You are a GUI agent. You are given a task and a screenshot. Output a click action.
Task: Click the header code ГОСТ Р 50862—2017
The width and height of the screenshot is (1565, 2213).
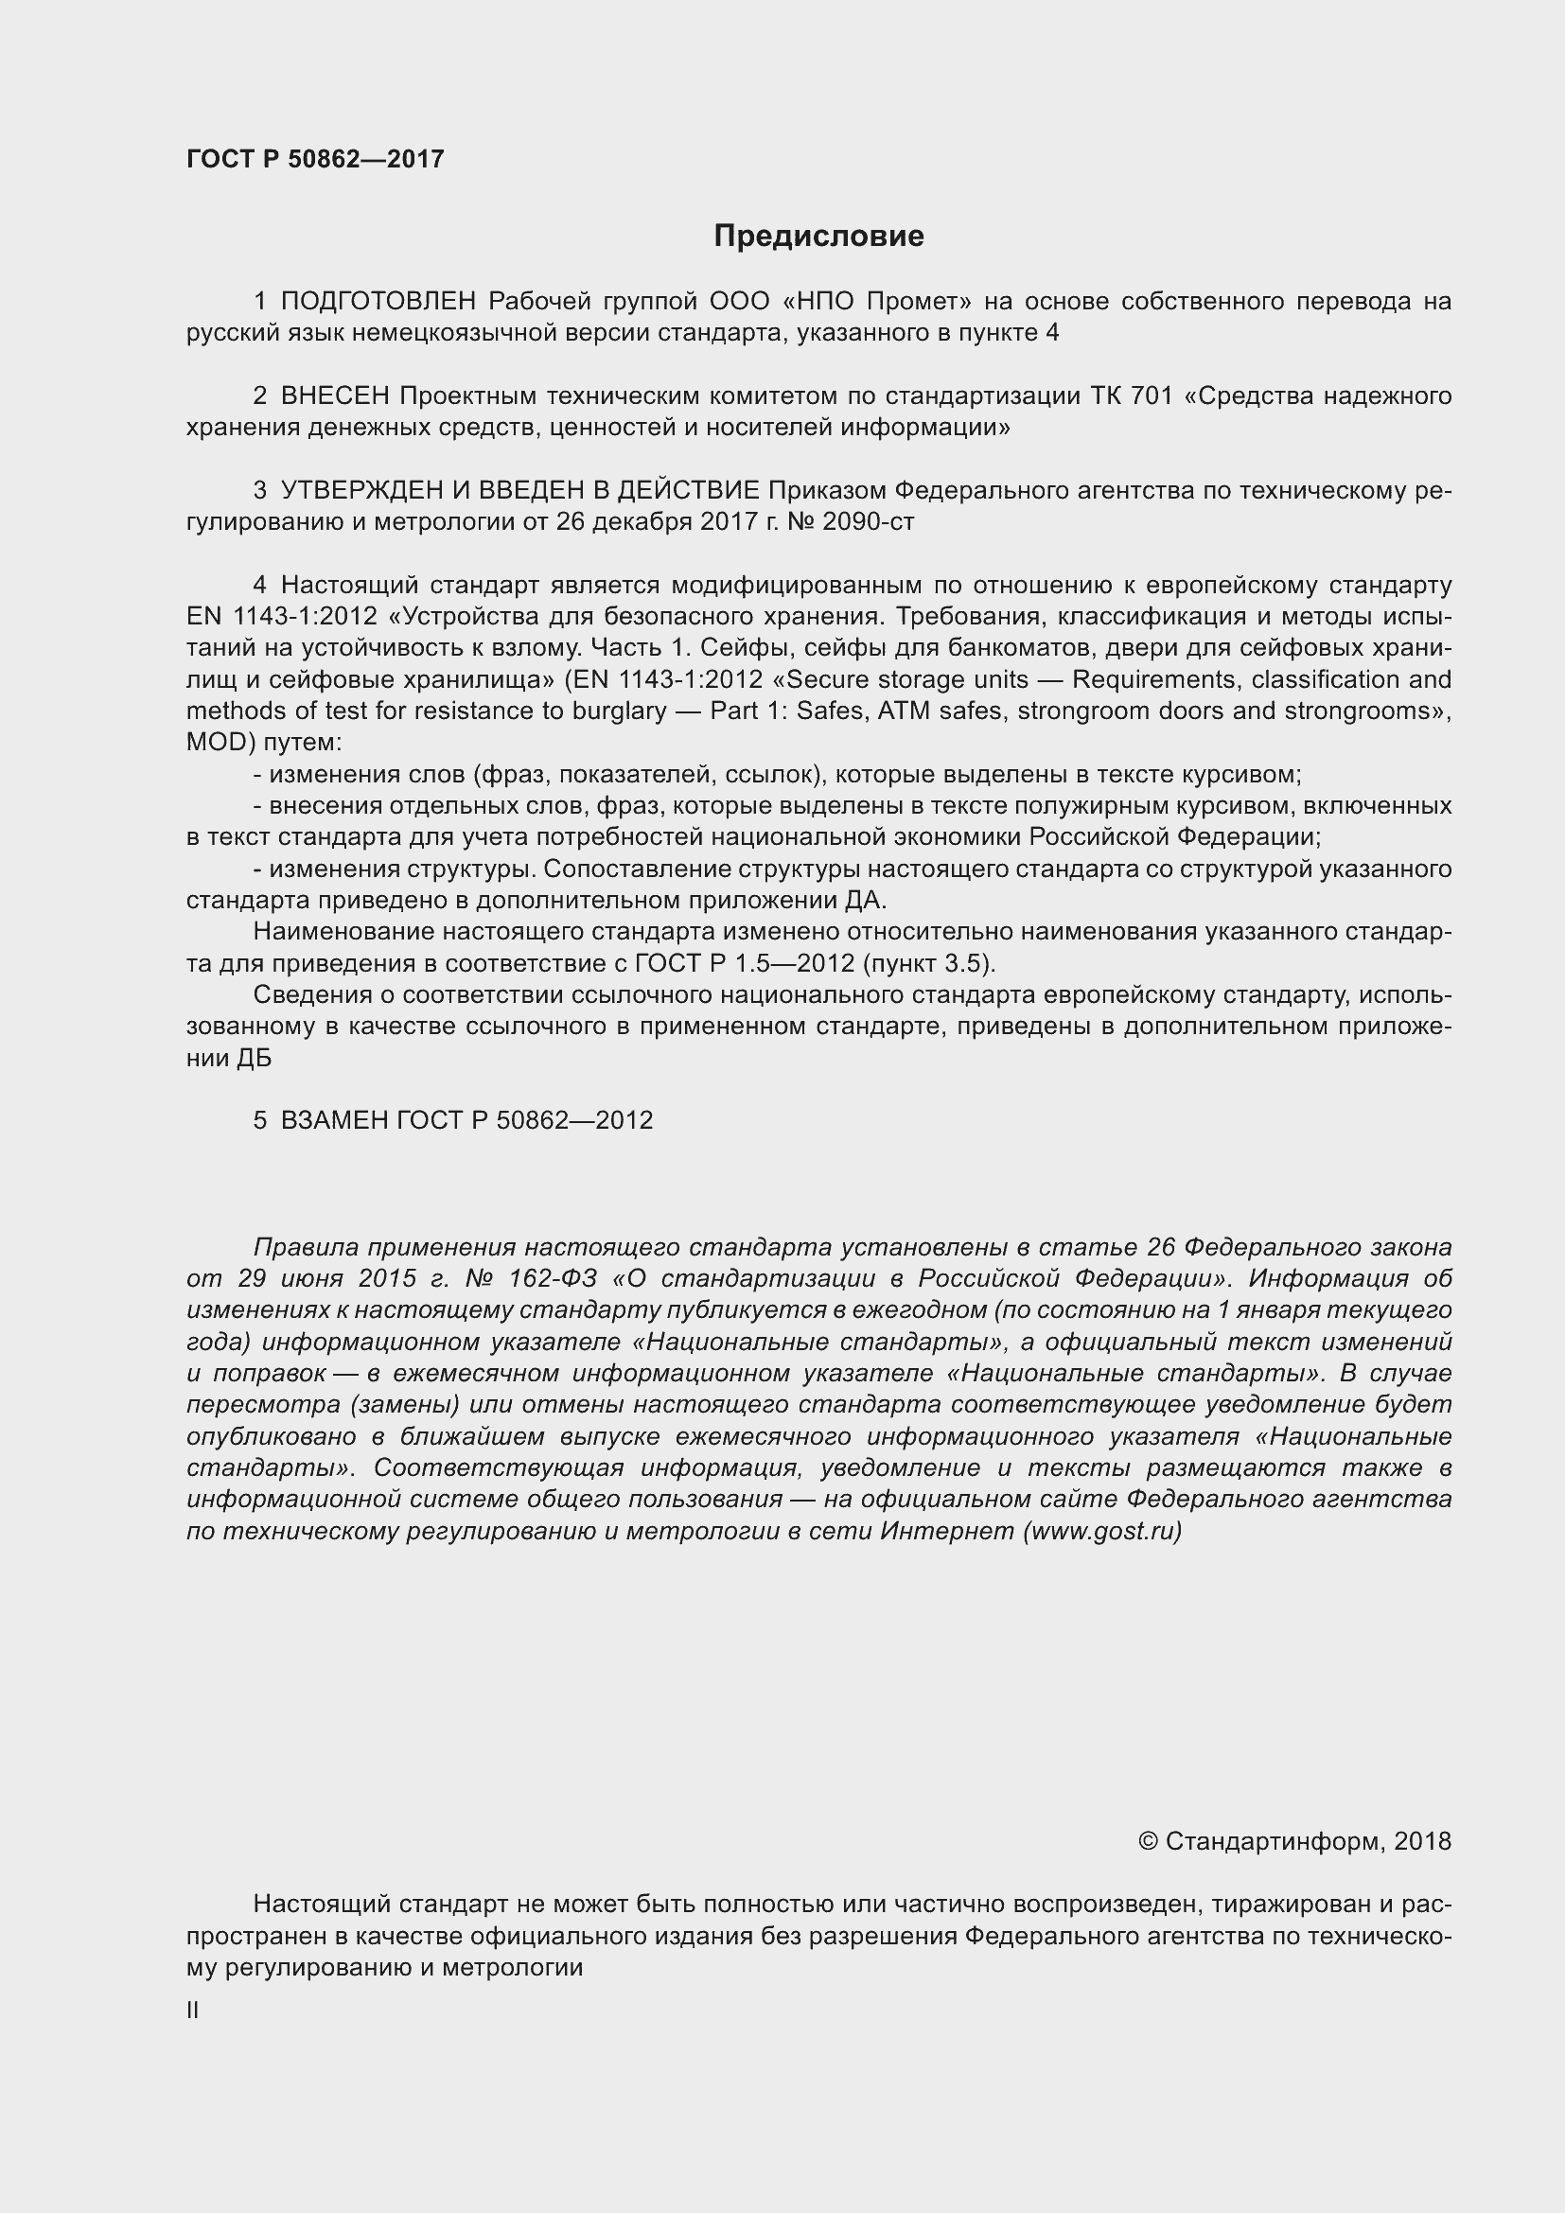tap(315, 159)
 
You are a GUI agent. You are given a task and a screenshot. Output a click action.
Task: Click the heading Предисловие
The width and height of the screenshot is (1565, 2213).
tap(818, 237)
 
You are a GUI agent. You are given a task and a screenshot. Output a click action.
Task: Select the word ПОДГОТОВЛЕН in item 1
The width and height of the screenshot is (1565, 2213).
tap(378, 302)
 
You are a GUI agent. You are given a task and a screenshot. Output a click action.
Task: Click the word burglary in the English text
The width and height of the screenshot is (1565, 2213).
tap(620, 711)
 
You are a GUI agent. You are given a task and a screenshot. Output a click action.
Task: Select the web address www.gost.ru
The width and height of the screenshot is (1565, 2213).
tap(1101, 1531)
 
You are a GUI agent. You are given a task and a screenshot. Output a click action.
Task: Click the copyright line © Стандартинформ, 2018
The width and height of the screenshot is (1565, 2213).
tap(1294, 1842)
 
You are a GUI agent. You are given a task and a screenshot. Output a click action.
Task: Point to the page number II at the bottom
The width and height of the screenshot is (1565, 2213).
tap(193, 2011)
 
